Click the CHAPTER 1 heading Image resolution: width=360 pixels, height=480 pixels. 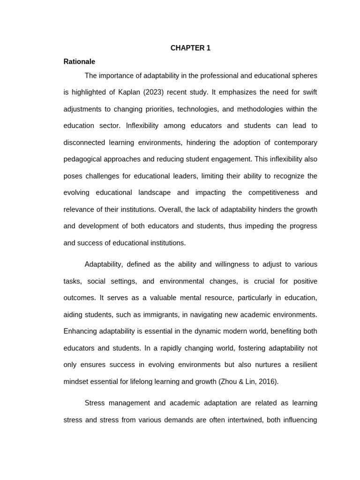click(190, 48)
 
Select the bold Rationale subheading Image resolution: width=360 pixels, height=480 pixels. click(79, 61)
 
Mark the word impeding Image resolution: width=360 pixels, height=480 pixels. click(252, 226)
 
